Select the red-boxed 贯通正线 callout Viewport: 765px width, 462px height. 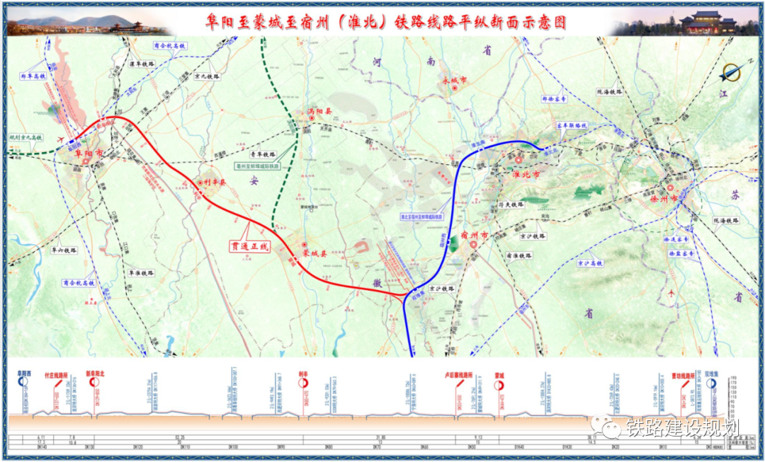coord(250,247)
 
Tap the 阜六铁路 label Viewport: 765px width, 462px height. coord(63,250)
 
